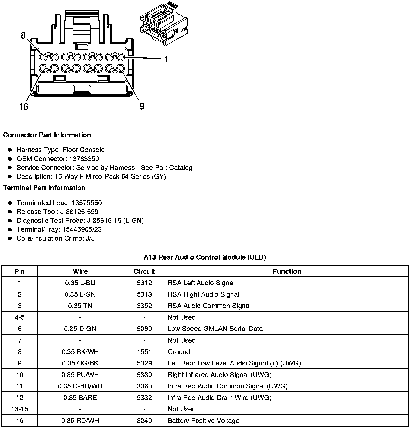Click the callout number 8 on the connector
(23, 35)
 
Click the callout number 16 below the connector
(24, 107)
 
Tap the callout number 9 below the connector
(142, 106)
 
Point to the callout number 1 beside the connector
(166, 59)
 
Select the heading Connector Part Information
(47, 135)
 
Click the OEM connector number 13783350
(83, 159)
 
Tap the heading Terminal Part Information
(44, 188)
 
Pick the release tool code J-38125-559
(81, 212)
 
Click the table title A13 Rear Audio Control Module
(205, 257)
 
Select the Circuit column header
(144, 271)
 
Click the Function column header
(287, 271)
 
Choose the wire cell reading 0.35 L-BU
(80, 283)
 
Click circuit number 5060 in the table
(144, 329)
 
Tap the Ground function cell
(179, 352)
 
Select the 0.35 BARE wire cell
(80, 398)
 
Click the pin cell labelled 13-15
(20, 409)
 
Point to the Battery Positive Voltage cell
(204, 420)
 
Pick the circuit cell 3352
(144, 306)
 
